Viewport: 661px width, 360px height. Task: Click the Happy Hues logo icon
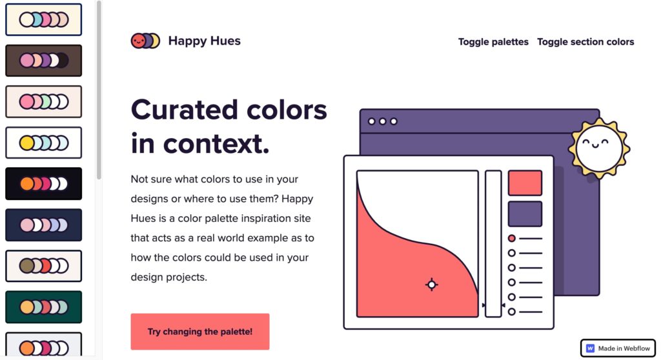point(145,41)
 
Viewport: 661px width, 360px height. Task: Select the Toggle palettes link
point(493,42)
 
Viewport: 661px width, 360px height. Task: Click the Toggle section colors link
point(585,42)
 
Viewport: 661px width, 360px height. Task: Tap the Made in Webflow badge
point(618,348)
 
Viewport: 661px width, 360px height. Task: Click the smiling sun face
point(599,148)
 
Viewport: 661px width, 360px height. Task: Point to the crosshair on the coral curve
point(431,285)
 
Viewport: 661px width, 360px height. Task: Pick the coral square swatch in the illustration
point(525,183)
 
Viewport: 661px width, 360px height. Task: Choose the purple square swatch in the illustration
point(525,214)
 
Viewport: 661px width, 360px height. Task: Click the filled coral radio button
point(511,239)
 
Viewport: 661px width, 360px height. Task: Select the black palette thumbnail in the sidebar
point(44,184)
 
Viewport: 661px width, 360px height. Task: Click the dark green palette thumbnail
point(44,307)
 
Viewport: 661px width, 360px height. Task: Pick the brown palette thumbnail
point(44,61)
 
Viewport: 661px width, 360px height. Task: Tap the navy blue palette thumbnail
point(44,225)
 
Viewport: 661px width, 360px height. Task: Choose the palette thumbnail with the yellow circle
point(44,143)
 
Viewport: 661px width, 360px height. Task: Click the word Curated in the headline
point(185,110)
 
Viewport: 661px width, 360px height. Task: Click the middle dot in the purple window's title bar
point(382,121)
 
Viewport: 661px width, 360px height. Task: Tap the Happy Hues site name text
point(205,41)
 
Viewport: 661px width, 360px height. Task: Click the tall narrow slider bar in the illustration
point(493,244)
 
